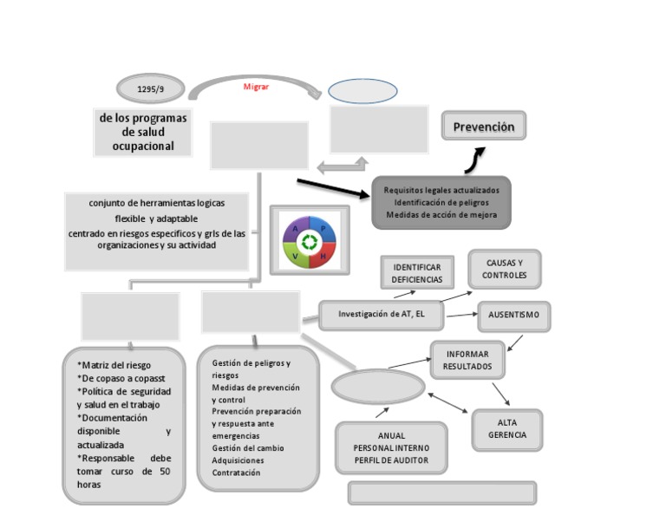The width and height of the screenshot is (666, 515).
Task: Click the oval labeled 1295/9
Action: tap(150, 88)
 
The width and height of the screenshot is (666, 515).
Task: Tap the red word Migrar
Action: tap(256, 87)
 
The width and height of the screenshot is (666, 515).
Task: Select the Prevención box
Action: tap(483, 127)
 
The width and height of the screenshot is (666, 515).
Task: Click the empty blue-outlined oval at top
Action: tap(362, 90)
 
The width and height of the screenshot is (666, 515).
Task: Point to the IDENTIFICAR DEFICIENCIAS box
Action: tap(416, 273)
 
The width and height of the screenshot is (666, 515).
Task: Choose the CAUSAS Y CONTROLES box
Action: tap(504, 269)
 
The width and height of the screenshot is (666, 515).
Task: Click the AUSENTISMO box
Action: tap(513, 316)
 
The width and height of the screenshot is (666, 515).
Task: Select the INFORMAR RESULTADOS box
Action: tap(467, 360)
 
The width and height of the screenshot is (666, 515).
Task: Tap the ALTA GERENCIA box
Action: tap(507, 429)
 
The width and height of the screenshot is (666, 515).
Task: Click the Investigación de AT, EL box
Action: tap(381, 314)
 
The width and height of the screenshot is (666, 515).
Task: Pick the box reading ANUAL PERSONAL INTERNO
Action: tap(391, 447)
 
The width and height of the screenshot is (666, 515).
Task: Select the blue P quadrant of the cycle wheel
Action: tap(323, 229)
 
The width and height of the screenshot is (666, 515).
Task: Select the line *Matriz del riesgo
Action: tap(114, 365)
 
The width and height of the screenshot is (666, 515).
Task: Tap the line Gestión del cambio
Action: tap(248, 448)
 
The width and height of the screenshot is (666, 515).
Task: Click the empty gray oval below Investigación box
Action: tap(377, 387)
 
